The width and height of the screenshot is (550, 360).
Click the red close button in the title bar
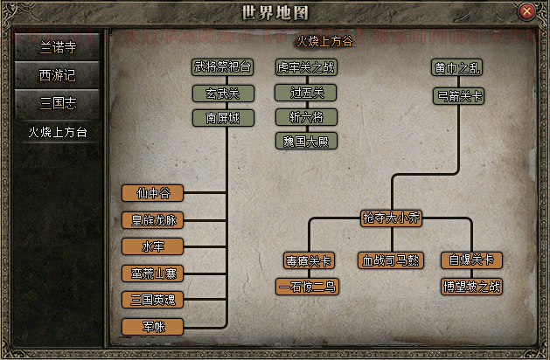(526, 11)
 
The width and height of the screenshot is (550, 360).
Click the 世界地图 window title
(274, 12)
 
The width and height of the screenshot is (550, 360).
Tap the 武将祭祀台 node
(221, 67)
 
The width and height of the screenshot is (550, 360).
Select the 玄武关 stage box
(221, 93)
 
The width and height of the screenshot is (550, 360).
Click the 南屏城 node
(221, 117)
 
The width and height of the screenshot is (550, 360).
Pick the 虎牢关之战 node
(306, 67)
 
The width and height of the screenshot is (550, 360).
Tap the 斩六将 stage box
(306, 116)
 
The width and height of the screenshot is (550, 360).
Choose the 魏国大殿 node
(306, 141)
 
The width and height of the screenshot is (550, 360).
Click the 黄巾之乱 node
(456, 67)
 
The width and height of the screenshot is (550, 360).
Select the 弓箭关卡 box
(456, 94)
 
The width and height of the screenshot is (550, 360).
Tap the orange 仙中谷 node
(153, 193)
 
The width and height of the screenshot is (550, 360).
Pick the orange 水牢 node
(153, 246)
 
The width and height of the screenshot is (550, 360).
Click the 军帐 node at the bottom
(153, 327)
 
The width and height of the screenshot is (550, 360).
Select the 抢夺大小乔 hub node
(391, 218)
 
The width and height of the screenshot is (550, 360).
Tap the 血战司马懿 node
(391, 260)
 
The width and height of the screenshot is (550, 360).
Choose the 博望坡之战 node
(471, 286)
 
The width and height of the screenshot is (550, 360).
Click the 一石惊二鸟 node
(307, 286)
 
